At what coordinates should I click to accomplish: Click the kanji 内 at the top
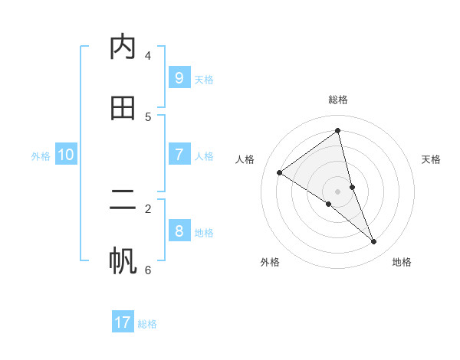click(123, 47)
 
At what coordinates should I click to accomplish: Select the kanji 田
click(123, 108)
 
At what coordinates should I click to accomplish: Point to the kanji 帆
click(123, 260)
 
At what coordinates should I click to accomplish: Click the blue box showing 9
click(179, 77)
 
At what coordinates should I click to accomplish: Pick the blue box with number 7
click(179, 155)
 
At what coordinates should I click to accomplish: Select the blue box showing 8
click(179, 231)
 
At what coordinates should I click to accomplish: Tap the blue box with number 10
click(66, 155)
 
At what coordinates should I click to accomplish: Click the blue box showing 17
click(123, 322)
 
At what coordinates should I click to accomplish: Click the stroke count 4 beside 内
click(148, 56)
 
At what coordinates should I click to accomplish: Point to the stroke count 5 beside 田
click(148, 116)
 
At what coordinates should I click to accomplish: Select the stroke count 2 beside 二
click(148, 208)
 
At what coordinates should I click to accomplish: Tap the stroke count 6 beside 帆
click(148, 270)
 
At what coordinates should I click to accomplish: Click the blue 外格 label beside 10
click(41, 155)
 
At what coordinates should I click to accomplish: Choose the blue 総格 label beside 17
click(147, 324)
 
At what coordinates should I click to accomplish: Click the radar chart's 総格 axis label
click(338, 100)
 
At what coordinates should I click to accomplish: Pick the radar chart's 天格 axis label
click(432, 159)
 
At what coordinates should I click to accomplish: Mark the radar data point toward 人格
click(279, 172)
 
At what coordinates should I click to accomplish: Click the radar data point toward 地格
click(374, 241)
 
